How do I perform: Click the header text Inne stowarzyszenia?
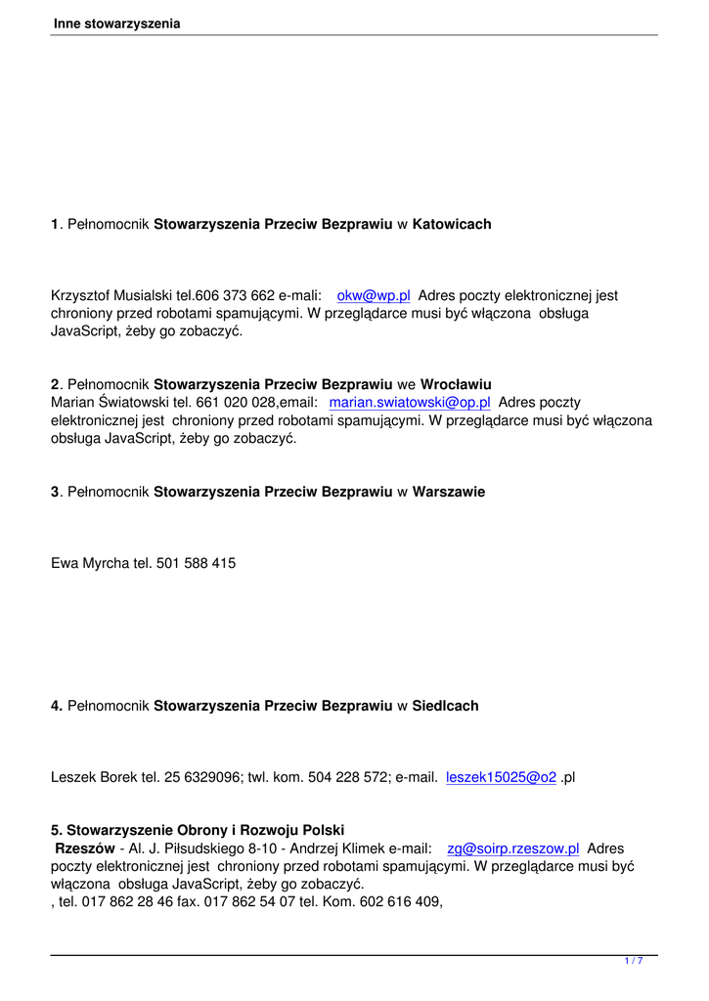[x=117, y=23]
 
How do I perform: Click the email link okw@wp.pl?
[x=373, y=295]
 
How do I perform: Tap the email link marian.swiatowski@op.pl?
[x=410, y=402]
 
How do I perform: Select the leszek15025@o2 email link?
[x=501, y=777]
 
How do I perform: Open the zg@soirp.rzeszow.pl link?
[x=513, y=849]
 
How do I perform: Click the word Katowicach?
[x=452, y=225]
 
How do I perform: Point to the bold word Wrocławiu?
[x=456, y=384]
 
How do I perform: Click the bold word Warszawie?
[x=449, y=492]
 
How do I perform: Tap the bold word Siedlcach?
[x=446, y=706]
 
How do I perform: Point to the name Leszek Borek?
[x=95, y=777]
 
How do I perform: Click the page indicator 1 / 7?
[x=634, y=961]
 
